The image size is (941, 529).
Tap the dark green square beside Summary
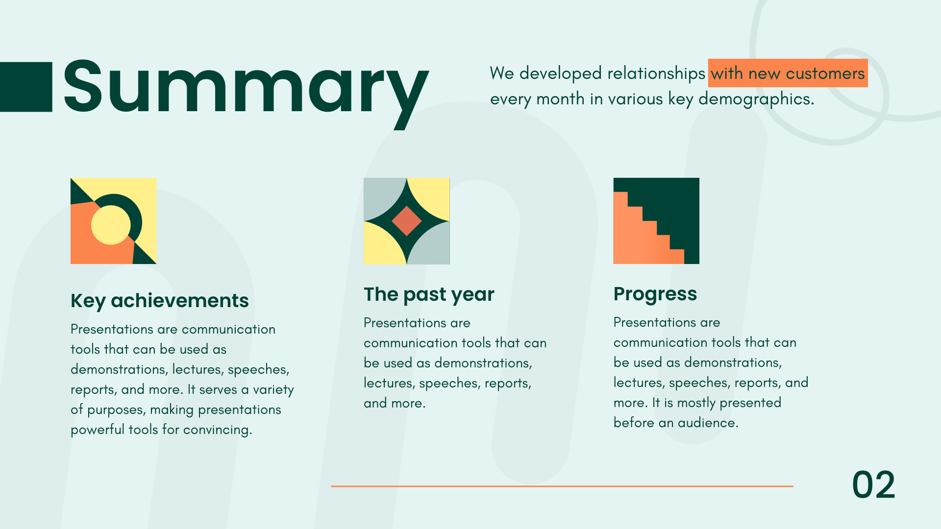(26, 87)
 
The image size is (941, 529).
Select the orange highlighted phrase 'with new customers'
(788, 73)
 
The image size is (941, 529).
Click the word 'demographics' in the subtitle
(755, 99)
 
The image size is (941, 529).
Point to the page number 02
(874, 485)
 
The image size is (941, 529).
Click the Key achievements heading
(160, 301)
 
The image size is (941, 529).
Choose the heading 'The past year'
(429, 294)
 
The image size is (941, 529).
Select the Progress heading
(655, 294)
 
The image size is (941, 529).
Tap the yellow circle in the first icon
(111, 225)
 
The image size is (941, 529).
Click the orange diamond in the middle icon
(407, 221)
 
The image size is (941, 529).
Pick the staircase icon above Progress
(656, 221)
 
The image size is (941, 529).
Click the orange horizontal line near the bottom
(562, 486)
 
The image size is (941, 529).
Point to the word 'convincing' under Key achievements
(217, 430)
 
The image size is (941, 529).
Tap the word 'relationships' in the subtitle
(656, 73)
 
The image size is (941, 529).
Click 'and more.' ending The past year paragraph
(395, 403)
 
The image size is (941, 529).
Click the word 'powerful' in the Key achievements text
(98, 430)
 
